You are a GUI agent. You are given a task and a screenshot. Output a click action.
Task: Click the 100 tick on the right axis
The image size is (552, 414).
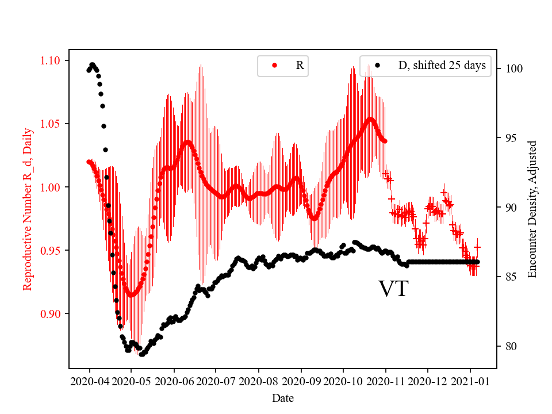click(x=510, y=68)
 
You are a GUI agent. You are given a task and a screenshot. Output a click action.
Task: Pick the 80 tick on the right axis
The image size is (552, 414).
click(x=508, y=346)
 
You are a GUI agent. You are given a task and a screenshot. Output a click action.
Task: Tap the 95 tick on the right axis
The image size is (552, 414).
click(x=508, y=138)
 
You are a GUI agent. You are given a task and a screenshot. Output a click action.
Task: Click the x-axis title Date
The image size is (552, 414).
click(x=282, y=397)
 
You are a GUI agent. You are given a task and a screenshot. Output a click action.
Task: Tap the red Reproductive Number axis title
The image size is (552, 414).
click(x=28, y=209)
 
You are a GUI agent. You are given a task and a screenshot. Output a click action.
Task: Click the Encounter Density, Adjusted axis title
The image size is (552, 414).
click(x=532, y=209)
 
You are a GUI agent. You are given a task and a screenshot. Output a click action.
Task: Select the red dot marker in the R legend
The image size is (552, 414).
click(x=274, y=66)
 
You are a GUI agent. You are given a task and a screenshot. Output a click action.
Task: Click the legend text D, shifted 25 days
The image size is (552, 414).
click(x=442, y=66)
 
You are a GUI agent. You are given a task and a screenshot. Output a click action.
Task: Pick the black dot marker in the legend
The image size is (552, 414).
click(x=377, y=66)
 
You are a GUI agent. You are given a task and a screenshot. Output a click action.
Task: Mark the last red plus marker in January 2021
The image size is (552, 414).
click(x=477, y=247)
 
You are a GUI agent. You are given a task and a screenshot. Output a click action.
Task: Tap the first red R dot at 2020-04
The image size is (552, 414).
click(x=89, y=162)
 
